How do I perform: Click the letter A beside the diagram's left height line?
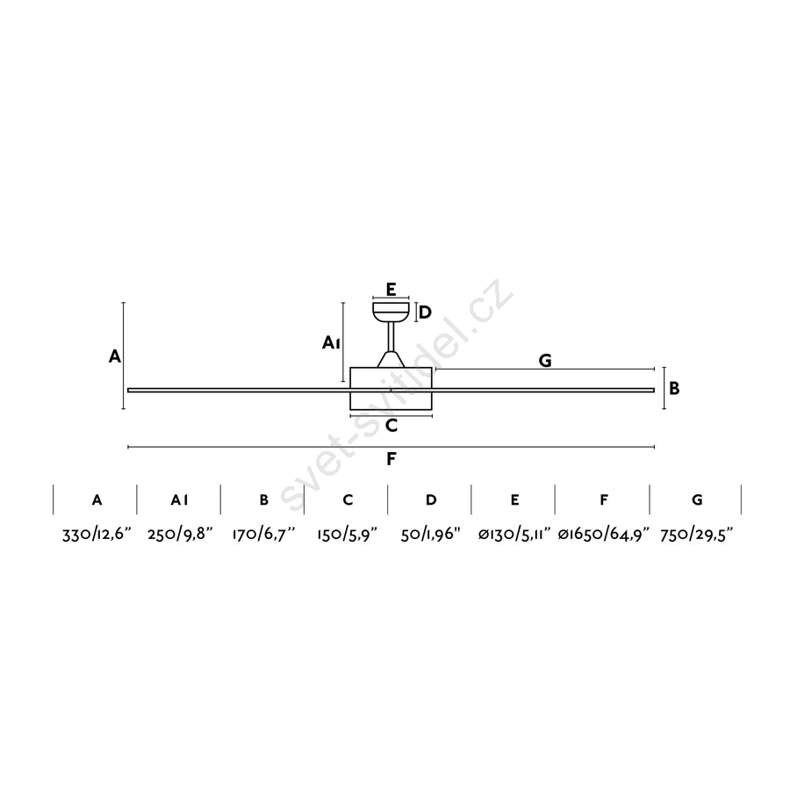[x=115, y=356]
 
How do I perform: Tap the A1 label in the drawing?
[x=332, y=343]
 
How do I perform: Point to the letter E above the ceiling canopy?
[x=391, y=289]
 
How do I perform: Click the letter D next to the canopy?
[x=425, y=312]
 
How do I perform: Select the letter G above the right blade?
[x=545, y=361]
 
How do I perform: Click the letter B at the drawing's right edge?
[x=674, y=389]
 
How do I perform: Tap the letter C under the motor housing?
[x=391, y=426]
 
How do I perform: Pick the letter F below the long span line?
[x=391, y=459]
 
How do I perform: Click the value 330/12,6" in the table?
[x=97, y=534]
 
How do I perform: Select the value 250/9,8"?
[x=180, y=534]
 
